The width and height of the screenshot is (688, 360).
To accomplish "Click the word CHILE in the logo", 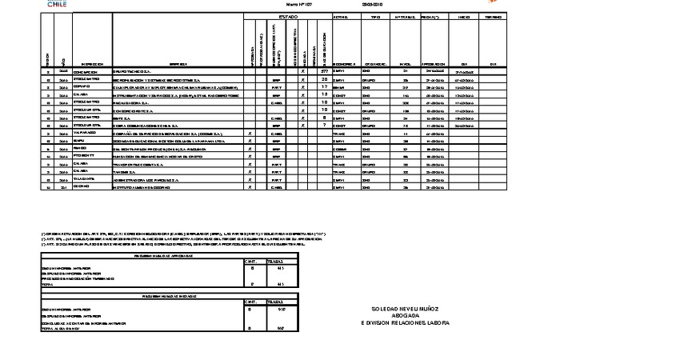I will pyautogui.click(x=57, y=5).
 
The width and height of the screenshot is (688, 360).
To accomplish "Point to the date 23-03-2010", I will pyautogui.click(x=373, y=5).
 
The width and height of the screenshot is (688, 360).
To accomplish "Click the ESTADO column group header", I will pyautogui.click(x=287, y=17).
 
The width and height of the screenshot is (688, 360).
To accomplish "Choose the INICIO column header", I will pyautogui.click(x=464, y=17).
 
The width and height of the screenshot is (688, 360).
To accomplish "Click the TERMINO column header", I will pyautogui.click(x=494, y=17).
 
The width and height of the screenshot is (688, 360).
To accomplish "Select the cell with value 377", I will pyautogui.click(x=325, y=72).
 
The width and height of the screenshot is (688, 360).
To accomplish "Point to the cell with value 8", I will pyautogui.click(x=325, y=118).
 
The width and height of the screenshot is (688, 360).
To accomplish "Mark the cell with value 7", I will pyautogui.click(x=325, y=126).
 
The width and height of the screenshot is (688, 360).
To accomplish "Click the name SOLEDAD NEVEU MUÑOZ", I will pyautogui.click(x=405, y=309).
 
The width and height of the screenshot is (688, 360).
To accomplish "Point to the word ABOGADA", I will pyautogui.click(x=405, y=316).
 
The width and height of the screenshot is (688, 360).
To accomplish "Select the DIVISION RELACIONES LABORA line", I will pyautogui.click(x=406, y=323).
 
